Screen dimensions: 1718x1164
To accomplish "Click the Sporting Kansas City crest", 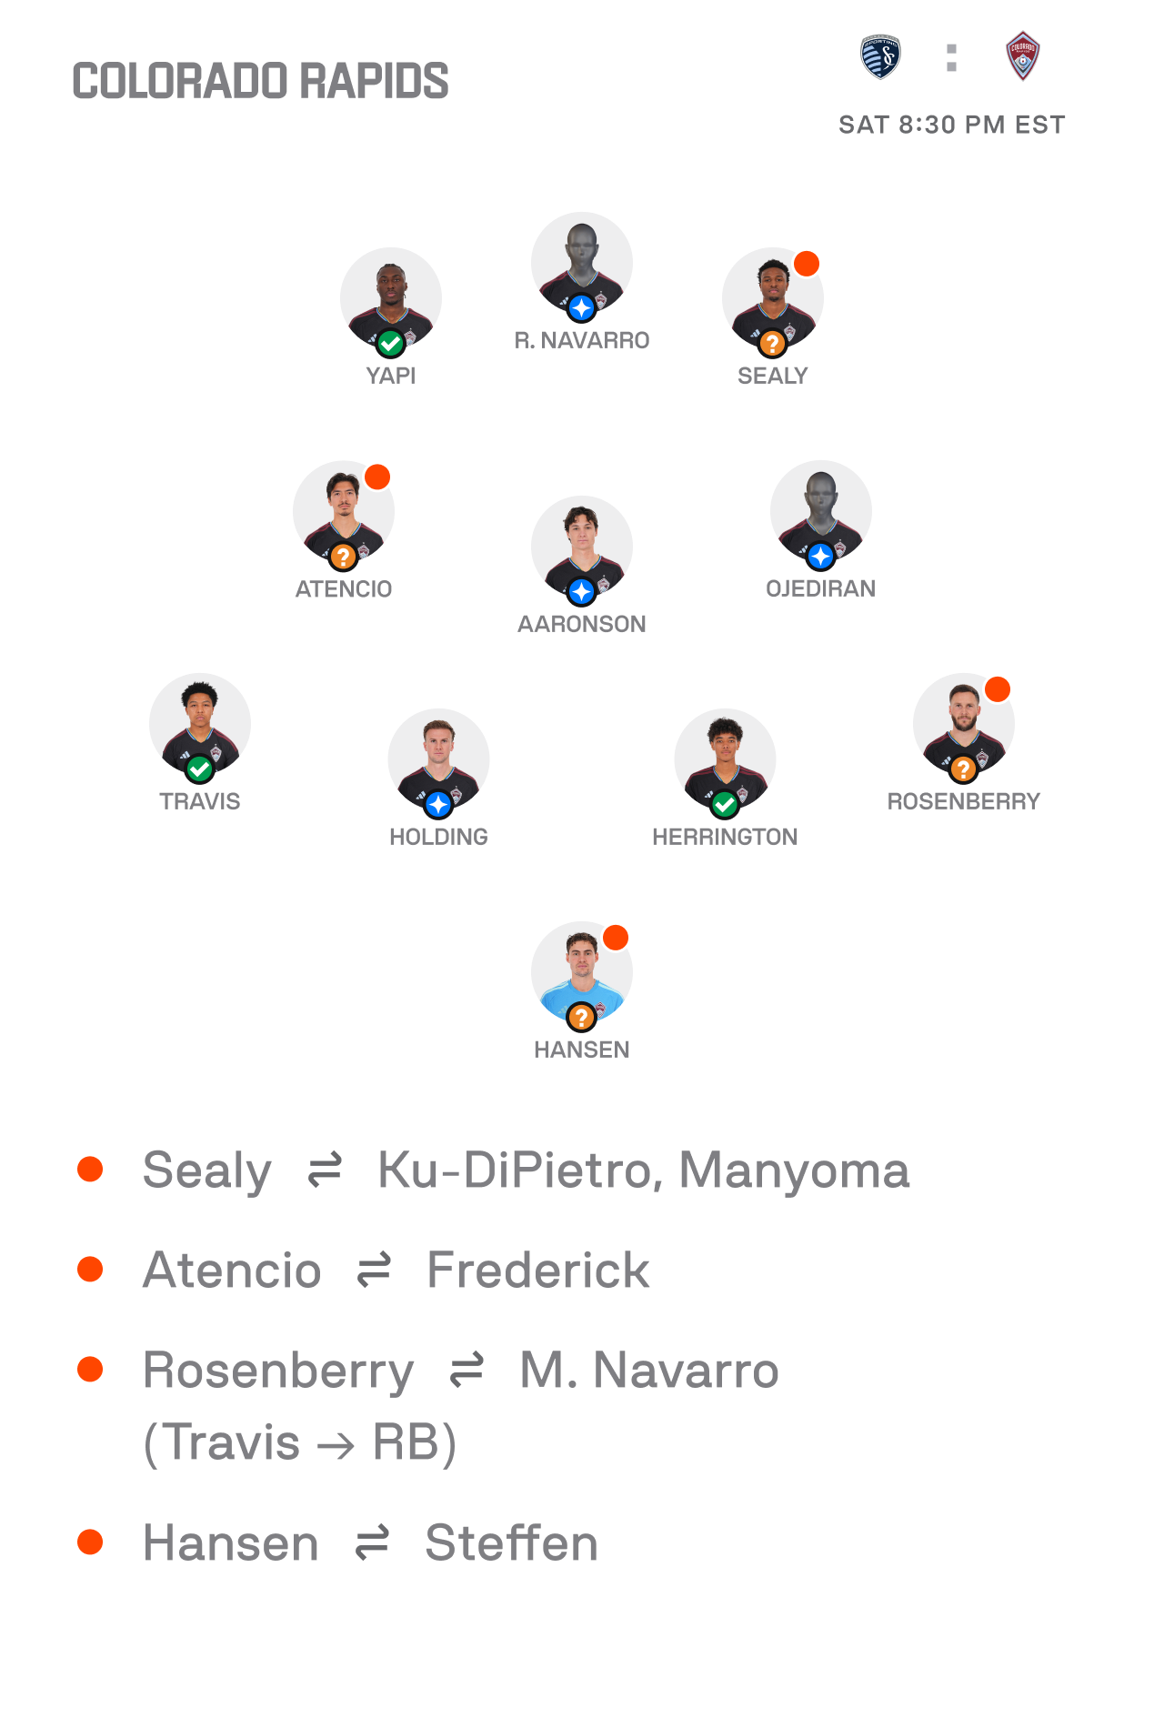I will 880,57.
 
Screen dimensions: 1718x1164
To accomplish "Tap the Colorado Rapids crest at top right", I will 1022,56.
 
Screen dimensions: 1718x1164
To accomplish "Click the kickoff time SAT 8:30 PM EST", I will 951,125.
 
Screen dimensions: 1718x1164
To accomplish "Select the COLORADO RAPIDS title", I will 260,81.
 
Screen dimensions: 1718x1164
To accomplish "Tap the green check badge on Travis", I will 199,769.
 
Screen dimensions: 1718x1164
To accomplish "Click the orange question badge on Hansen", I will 581,1017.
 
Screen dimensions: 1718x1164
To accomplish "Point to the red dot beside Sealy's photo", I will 806,264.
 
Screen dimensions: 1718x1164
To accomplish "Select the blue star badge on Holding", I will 438,804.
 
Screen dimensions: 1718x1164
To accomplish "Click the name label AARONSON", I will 582,624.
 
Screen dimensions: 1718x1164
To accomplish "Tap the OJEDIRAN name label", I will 820,588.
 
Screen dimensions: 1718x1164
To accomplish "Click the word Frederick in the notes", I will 537,1271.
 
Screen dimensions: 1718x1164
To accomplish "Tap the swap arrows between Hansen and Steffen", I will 372,1542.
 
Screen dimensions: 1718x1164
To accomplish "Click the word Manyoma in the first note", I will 793,1170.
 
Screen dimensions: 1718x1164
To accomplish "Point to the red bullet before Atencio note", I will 90,1269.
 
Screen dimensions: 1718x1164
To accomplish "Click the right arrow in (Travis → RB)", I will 336,1445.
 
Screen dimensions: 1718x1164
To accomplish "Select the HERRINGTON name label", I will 725,837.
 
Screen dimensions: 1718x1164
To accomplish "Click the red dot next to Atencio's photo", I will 376,477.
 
